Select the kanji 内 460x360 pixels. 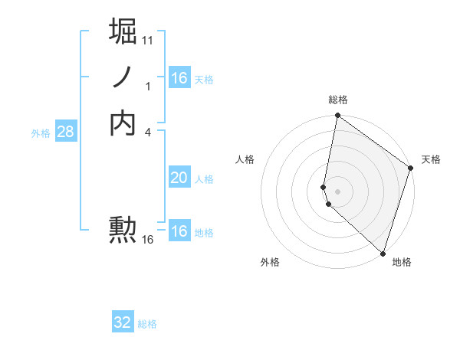click(x=123, y=123)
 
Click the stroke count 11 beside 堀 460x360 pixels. click(x=148, y=39)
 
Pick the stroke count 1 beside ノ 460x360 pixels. click(x=148, y=87)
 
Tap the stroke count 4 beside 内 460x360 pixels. click(x=148, y=133)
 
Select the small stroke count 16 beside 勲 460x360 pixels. click(x=148, y=240)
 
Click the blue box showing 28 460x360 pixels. click(x=65, y=132)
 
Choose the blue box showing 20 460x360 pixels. click(x=179, y=178)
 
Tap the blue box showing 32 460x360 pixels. click(x=123, y=322)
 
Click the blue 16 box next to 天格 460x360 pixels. click(x=179, y=78)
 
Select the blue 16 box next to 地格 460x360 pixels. click(x=179, y=231)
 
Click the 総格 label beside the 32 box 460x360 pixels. click(x=147, y=324)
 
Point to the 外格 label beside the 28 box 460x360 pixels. click(x=41, y=133)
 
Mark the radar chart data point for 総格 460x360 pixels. click(x=337, y=116)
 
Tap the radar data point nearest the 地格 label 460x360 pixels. click(x=383, y=253)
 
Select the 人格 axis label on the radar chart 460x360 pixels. click(x=245, y=159)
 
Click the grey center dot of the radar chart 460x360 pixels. click(x=337, y=191)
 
